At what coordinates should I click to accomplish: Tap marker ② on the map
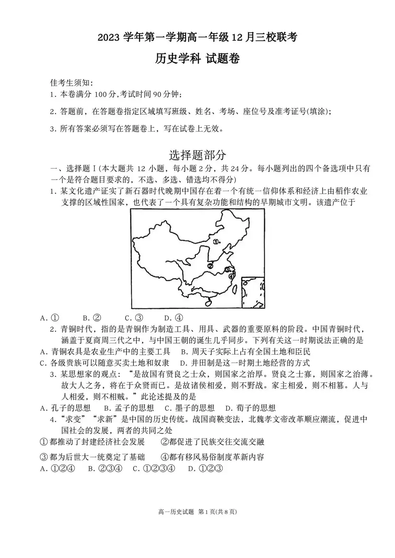pyautogui.click(x=210, y=266)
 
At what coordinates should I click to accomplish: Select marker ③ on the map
pyautogui.click(x=227, y=269)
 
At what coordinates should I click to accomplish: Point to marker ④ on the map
pyautogui.click(x=231, y=276)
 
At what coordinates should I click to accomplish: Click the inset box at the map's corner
pyautogui.click(x=253, y=292)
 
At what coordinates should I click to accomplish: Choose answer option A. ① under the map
pyautogui.click(x=50, y=318)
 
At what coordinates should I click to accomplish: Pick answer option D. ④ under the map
pyautogui.click(x=174, y=318)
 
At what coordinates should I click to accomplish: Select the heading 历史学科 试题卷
pyautogui.click(x=197, y=59)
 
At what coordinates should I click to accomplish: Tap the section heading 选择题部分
pyautogui.click(x=197, y=154)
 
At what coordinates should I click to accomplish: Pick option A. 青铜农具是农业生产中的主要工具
pyautogui.click(x=105, y=351)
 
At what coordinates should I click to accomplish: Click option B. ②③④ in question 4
pyautogui.click(x=105, y=469)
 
